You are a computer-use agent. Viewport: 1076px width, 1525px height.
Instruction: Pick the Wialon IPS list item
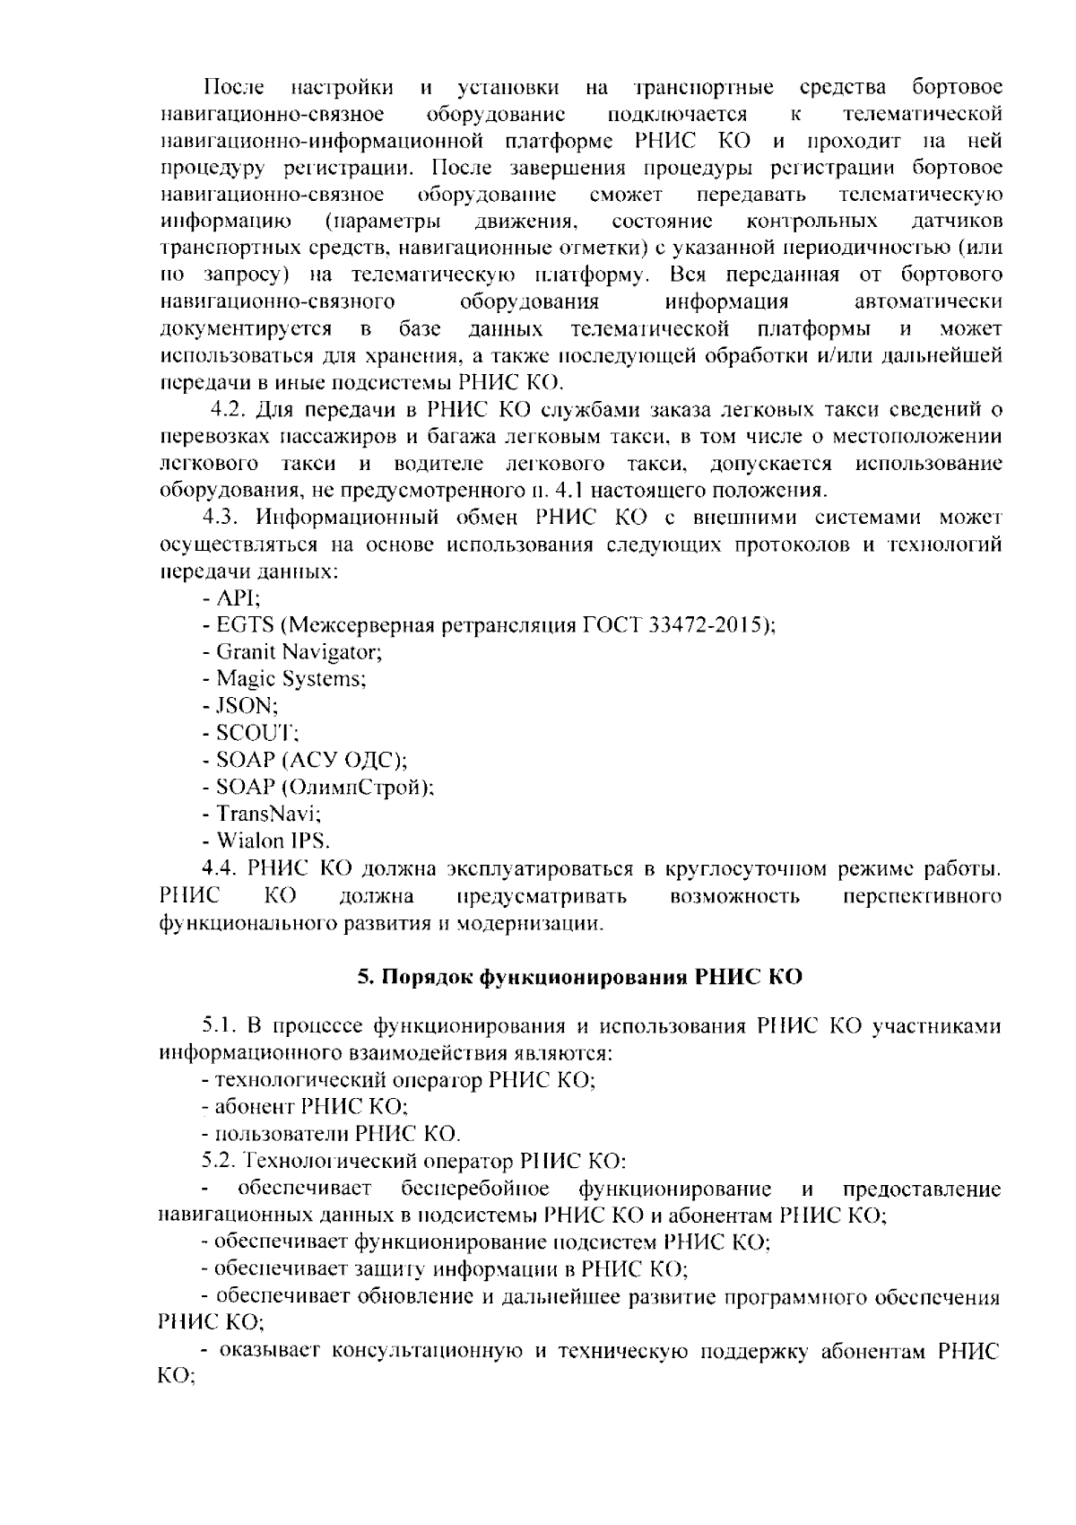(x=273, y=841)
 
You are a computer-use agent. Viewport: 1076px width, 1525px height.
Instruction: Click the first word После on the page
(x=235, y=88)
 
